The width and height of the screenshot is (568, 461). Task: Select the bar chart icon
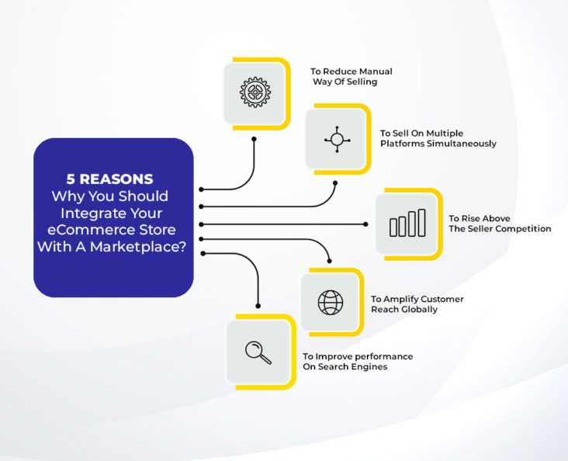(x=407, y=224)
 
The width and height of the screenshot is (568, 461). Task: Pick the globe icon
(x=331, y=302)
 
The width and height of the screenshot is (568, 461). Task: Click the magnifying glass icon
(x=258, y=352)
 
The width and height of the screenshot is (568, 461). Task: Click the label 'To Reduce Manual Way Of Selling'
(x=351, y=76)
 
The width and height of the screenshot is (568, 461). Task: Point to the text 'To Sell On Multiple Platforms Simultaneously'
(x=438, y=138)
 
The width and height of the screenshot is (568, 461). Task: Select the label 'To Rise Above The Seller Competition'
(x=499, y=224)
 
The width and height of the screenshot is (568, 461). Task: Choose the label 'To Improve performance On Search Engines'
(x=357, y=361)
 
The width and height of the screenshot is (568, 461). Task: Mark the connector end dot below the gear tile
(x=254, y=140)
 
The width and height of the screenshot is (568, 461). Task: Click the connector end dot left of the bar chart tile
(x=365, y=224)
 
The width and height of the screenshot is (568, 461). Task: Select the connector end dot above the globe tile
(x=331, y=261)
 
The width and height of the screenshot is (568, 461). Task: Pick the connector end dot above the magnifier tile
(x=258, y=306)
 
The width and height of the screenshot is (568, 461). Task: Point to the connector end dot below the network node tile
(x=335, y=184)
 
